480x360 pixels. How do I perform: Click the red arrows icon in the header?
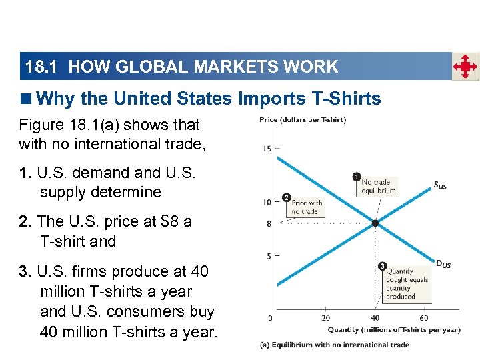pyautogui.click(x=465, y=67)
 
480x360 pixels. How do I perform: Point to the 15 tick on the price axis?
pyautogui.click(x=267, y=148)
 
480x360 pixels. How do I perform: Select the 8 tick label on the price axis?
pyautogui.click(x=269, y=224)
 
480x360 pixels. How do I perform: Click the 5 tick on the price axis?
pyautogui.click(x=269, y=256)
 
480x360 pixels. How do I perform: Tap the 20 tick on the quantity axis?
pyautogui.click(x=325, y=318)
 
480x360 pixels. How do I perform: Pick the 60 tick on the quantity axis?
pyautogui.click(x=424, y=318)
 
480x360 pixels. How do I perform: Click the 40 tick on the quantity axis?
pyautogui.click(x=375, y=318)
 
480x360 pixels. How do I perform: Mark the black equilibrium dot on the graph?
pyautogui.click(x=375, y=223)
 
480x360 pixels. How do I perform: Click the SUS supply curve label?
pyautogui.click(x=440, y=186)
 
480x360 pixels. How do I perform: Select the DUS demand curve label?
pyautogui.click(x=443, y=265)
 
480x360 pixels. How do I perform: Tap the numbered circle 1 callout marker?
pyautogui.click(x=357, y=177)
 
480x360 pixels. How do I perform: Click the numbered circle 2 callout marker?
pyautogui.click(x=286, y=198)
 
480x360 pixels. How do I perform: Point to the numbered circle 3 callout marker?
pyautogui.click(x=382, y=267)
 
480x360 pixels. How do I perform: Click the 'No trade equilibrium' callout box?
pyautogui.click(x=379, y=186)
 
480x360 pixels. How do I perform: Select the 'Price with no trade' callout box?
pyautogui.click(x=307, y=207)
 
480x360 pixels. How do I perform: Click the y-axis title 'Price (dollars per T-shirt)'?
pyautogui.click(x=303, y=120)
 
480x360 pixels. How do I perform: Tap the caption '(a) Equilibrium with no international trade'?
pyautogui.click(x=334, y=345)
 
